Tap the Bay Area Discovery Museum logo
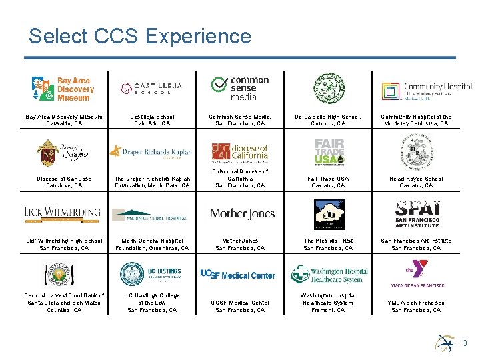[63, 89]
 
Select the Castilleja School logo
[151, 88]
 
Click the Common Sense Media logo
[240, 87]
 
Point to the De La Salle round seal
[329, 89]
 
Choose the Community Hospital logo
[417, 89]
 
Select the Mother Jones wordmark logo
[242, 213]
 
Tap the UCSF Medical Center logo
[238, 275]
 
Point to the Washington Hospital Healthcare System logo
[329, 274]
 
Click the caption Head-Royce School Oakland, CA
[416, 182]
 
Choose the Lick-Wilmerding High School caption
[64, 244]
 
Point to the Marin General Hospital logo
[151, 215]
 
